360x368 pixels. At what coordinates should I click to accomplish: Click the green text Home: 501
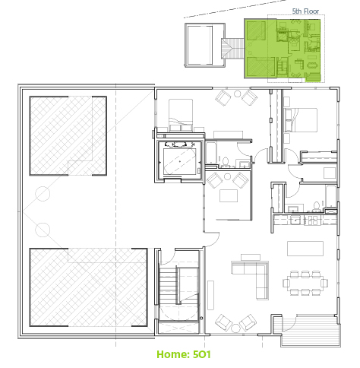tap(184, 354)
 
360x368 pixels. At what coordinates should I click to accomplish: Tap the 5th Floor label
tap(305, 11)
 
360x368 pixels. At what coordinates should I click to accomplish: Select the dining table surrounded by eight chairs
tap(305, 283)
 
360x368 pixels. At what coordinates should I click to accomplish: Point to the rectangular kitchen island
tap(305, 249)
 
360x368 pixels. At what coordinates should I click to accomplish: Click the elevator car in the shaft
tap(180, 161)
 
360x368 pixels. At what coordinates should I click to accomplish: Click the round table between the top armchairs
tap(237, 94)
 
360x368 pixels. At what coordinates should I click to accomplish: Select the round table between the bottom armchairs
tap(235, 328)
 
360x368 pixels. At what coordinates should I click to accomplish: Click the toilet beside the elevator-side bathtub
tap(225, 162)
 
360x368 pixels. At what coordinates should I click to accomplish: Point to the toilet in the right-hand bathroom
tap(316, 206)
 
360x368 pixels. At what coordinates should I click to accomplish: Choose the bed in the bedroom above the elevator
tap(181, 115)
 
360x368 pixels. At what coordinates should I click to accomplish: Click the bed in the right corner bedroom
tap(301, 120)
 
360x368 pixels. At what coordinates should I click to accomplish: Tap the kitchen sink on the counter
tap(295, 220)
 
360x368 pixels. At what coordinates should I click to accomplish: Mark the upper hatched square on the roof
tap(68, 136)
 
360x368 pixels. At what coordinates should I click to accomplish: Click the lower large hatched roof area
tap(88, 287)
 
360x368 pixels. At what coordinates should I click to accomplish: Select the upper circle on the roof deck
tap(43, 194)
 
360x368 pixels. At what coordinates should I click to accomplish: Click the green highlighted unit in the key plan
tap(283, 48)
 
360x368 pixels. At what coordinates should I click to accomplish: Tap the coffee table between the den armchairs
tap(229, 195)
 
